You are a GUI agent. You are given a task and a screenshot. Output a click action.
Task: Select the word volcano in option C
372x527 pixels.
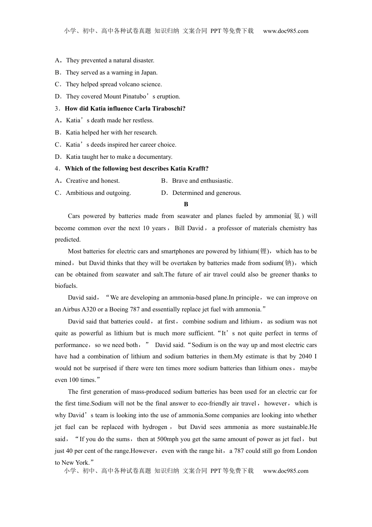point(118,84)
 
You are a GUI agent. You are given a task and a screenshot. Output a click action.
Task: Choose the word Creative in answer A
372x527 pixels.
point(77,181)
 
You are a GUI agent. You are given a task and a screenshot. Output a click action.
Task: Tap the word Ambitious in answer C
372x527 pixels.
point(79,193)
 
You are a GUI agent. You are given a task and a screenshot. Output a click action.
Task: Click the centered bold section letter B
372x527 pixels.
point(186,204)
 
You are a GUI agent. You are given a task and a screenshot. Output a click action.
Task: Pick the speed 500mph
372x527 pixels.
point(168,439)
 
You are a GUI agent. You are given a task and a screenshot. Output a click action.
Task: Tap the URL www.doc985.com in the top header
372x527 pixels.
point(285,31)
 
